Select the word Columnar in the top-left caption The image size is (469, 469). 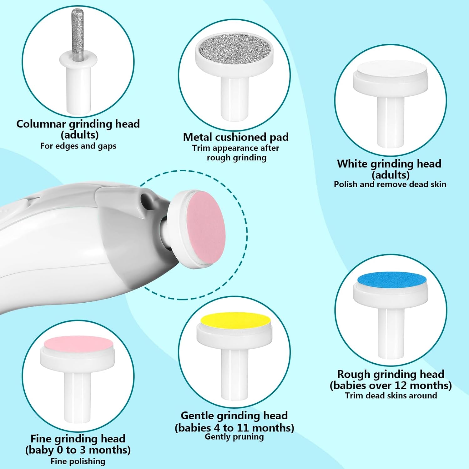[x=41, y=124]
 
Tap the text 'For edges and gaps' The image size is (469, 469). [x=78, y=146]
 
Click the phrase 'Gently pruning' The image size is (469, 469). [x=234, y=437]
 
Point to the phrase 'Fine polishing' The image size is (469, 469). [x=78, y=461]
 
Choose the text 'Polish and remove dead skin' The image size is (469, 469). [x=390, y=184]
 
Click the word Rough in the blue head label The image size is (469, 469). [x=354, y=374]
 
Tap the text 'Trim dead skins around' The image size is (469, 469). [x=391, y=396]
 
